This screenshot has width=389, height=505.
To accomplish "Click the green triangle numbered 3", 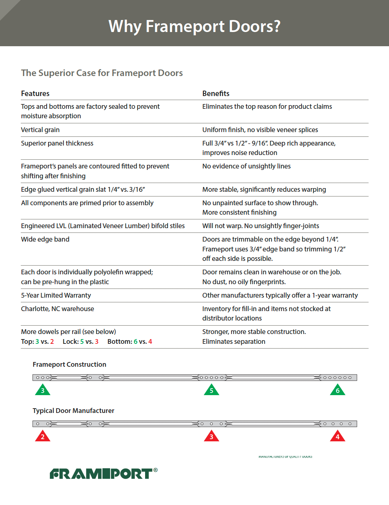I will pos(43,390).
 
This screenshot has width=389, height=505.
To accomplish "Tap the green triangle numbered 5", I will pos(211,390).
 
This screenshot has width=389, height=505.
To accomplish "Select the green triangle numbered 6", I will pos(338,390).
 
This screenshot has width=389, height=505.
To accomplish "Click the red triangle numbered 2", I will pos(43,437).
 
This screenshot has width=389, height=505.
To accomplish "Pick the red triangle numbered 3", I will pos(211,437).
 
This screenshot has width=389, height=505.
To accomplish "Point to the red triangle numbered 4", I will pos(338,437).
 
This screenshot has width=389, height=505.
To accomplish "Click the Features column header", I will pos(35,94).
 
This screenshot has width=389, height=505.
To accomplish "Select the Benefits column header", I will pos(216,94).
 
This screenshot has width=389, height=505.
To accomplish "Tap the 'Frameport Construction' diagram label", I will pos(69,365).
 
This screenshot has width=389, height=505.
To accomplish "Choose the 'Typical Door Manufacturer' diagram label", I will pos(73,411).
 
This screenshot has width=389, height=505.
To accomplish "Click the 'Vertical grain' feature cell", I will pos(40,130).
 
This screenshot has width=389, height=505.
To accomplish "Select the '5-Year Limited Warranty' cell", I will pos(56,295).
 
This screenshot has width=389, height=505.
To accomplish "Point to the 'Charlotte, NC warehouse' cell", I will pos(58,309).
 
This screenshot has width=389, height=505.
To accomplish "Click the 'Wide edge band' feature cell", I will pos(45,239).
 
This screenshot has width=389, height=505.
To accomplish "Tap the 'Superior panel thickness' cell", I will pos(57,143).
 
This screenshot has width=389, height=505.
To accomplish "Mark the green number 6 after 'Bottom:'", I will pos(136,342).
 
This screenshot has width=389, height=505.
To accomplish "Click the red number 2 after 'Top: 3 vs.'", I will pos(52,342).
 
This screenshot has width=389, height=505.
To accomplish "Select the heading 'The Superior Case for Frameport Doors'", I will pos(102,73).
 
